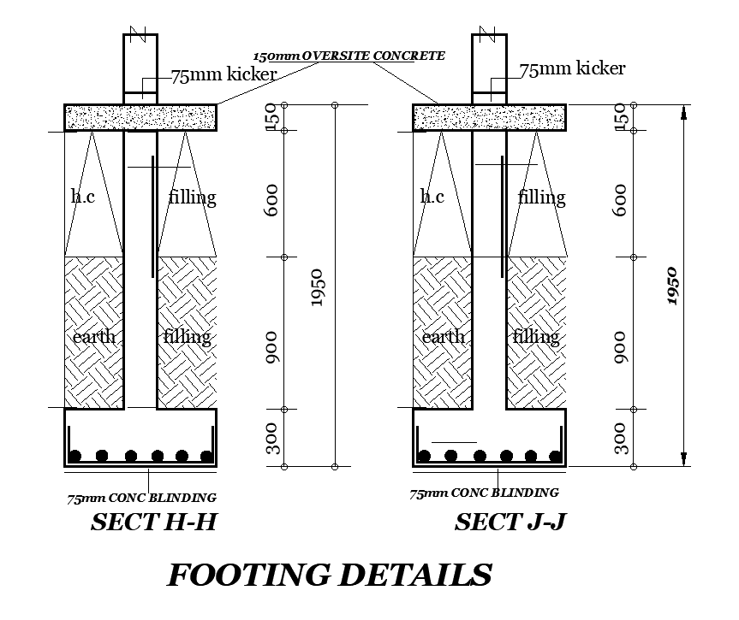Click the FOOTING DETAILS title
[x=329, y=575]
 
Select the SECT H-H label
[x=153, y=522]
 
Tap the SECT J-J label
[x=510, y=522]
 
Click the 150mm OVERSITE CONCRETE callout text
[x=349, y=56]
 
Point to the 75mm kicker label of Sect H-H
[x=223, y=75]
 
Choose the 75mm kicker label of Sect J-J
[x=572, y=68]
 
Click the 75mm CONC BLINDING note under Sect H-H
[x=142, y=498]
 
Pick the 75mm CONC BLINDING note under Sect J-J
[x=484, y=493]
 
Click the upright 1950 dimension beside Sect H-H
[x=316, y=286]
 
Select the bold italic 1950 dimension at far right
[x=672, y=285]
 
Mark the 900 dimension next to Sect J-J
[x=622, y=349]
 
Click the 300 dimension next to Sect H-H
[x=272, y=440]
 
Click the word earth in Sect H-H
[x=93, y=336]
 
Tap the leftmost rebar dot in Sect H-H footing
[x=76, y=456]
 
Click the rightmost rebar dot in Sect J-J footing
[x=556, y=456]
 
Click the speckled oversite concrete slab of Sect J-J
[x=488, y=117]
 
